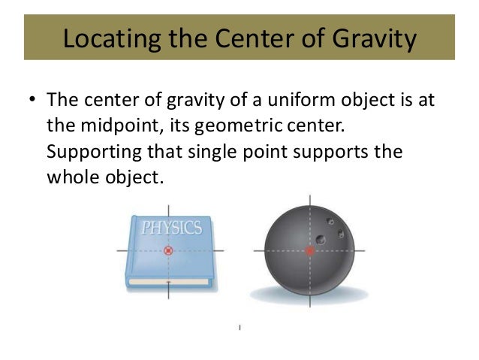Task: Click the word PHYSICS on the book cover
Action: [x=171, y=226]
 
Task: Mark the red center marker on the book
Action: [x=168, y=250]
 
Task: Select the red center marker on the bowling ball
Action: [x=309, y=251]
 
